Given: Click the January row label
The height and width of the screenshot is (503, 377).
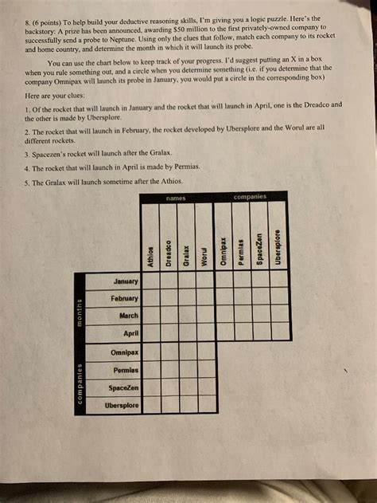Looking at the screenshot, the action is click(126, 281).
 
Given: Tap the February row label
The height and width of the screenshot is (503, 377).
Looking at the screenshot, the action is click(124, 297).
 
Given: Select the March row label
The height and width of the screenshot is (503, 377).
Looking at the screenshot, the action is click(128, 315).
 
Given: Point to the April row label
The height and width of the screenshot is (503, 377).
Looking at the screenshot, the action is click(130, 332).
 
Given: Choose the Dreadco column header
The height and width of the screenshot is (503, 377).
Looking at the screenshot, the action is click(168, 251).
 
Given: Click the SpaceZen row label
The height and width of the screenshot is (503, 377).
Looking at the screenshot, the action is click(122, 387).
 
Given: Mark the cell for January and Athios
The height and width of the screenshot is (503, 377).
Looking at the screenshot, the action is click(150, 281).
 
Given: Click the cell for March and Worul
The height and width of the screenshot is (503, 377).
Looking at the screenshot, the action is click(204, 315).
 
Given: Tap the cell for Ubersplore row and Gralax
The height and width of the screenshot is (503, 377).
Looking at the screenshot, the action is click(186, 405).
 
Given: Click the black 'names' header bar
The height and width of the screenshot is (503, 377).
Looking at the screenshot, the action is click(177, 196).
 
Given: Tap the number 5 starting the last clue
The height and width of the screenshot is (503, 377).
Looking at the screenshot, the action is click(27, 182).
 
